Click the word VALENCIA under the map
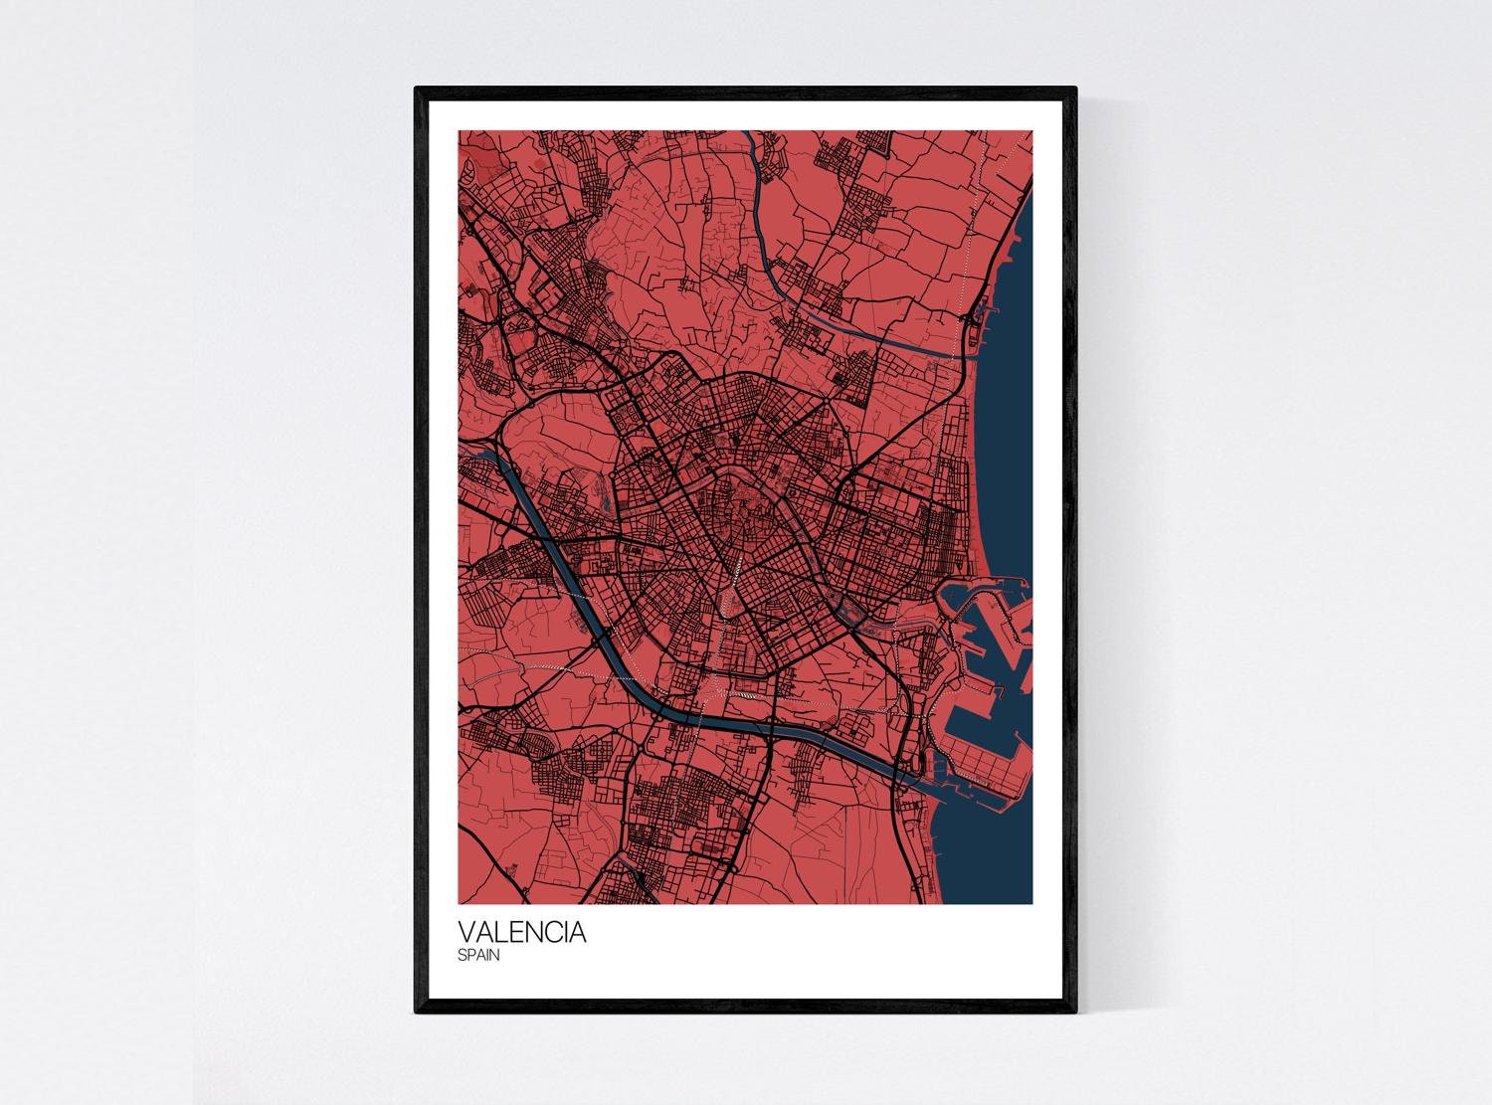522,934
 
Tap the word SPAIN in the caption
478,956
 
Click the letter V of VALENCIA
466,934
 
